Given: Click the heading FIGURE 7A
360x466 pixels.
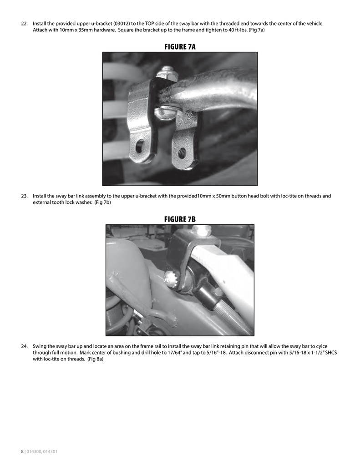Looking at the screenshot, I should pos(180,46).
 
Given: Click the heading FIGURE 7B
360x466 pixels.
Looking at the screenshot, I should pos(180,219).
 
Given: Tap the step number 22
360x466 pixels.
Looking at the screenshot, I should pos(25,23).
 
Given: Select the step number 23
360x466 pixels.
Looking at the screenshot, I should pos(25,196).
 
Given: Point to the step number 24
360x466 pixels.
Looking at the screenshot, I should pos(25,346).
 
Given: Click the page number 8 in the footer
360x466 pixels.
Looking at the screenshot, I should pos(22,451).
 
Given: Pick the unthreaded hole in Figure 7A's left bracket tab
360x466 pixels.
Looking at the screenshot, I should pos(140,146).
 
